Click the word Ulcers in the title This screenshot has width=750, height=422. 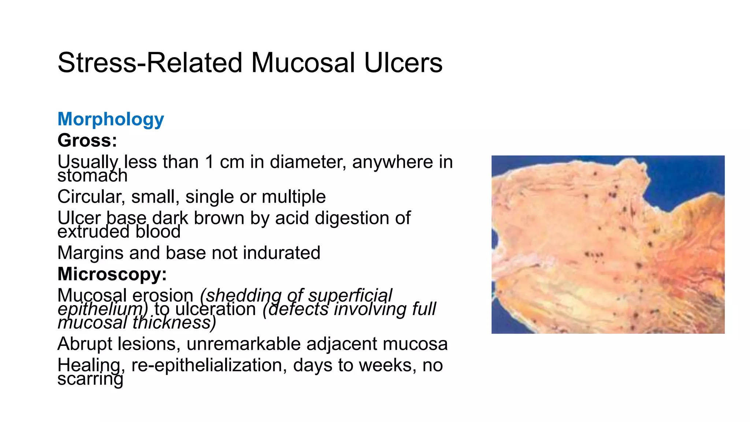[x=403, y=63]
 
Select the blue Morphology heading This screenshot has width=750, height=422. [x=111, y=119]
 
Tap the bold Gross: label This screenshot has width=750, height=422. [x=87, y=141]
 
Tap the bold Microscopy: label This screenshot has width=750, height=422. [x=112, y=274]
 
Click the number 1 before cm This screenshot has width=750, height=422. [x=209, y=162]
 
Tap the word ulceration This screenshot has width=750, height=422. [x=215, y=309]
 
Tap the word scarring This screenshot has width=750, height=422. [x=90, y=379]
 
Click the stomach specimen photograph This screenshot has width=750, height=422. [x=608, y=244]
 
